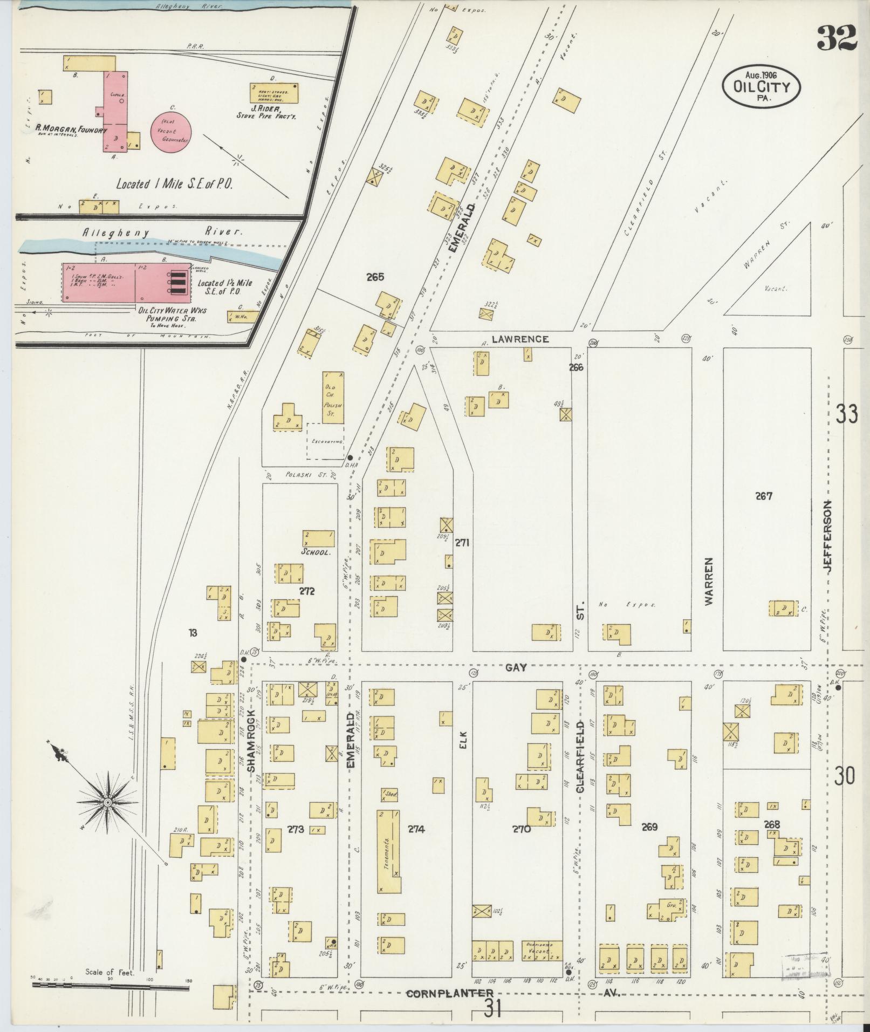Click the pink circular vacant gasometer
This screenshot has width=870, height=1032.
click(x=174, y=132)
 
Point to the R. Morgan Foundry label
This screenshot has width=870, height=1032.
click(x=72, y=129)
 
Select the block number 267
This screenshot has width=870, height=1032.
click(x=764, y=496)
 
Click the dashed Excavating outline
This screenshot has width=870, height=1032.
click(x=325, y=441)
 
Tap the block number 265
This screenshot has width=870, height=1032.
click(x=375, y=277)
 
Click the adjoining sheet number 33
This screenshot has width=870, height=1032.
click(x=846, y=415)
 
